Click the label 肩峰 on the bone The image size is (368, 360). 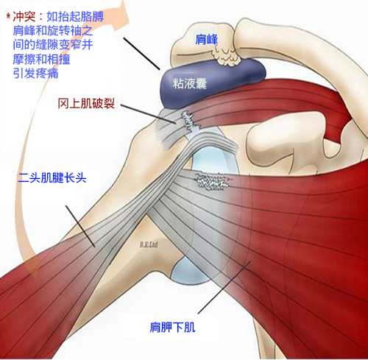point(206,39)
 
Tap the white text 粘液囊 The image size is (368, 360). point(189,83)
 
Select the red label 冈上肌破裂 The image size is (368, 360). point(86,103)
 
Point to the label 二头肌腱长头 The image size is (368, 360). point(52,177)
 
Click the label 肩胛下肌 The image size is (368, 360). point(172,327)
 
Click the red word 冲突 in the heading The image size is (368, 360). point(24,17)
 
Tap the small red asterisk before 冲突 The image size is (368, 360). point(9,16)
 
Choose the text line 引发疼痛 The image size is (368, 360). point(35,73)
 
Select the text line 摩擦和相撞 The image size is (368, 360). point(41,59)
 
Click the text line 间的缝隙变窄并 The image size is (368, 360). point(53,45)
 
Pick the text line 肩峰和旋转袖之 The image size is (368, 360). point(53,30)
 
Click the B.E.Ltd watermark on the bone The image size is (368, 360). point(149,244)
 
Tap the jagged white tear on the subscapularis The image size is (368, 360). point(212,181)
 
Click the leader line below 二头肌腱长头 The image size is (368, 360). point(80,226)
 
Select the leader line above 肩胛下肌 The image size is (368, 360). point(224,287)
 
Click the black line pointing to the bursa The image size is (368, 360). point(142,54)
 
